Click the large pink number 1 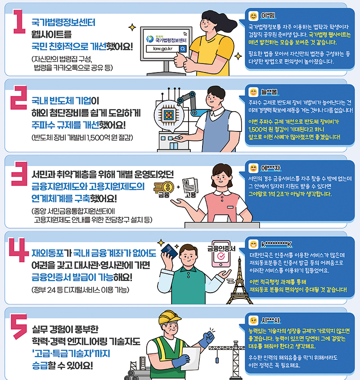19,21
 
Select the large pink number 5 19,326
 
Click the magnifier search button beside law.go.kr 183,49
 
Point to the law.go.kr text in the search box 163,49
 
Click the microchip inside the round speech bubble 169,115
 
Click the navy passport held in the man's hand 169,251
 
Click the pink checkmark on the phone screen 221,256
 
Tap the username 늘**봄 269,92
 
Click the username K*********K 276,244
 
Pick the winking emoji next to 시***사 253,321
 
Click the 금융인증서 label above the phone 221,249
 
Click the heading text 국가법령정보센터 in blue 63,23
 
